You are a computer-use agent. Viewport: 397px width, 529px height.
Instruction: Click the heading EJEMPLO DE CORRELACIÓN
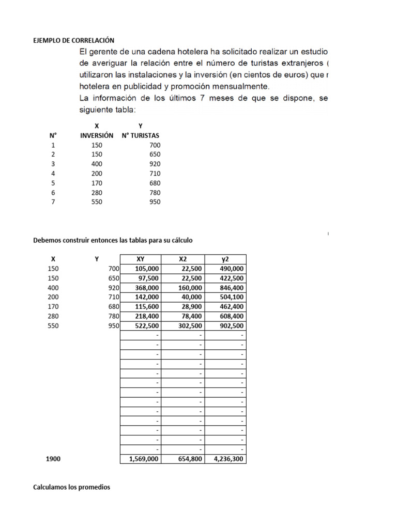[73, 40]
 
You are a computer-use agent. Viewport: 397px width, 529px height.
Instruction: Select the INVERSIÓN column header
[97, 135]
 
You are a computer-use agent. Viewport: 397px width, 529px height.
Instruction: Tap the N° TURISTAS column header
[140, 135]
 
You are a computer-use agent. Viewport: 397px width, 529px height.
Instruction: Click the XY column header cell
[140, 259]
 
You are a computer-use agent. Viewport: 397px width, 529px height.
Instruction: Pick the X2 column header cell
[183, 259]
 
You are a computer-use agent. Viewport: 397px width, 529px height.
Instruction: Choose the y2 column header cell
[225, 259]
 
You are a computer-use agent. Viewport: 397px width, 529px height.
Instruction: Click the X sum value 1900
[53, 459]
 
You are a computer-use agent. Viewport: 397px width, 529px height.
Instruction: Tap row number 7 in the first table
[52, 202]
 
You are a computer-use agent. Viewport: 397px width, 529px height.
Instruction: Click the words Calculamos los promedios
[72, 487]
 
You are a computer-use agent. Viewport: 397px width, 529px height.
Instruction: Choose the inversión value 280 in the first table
[97, 193]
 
